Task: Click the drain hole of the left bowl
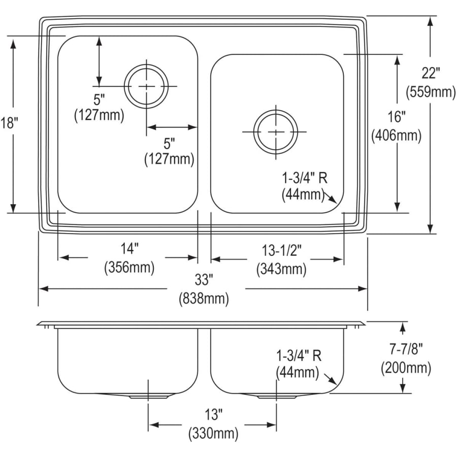tap(147, 86)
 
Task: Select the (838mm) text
tap(204, 299)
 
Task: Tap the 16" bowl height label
tap(396, 117)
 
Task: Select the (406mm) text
tap(396, 136)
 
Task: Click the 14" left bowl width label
tap(129, 248)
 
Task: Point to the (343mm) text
tap(281, 269)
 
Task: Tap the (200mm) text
tap(406, 368)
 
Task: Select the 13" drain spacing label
tap(213, 415)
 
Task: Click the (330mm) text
tap(213, 434)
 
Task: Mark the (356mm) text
tap(129, 267)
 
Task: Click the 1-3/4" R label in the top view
tap(305, 177)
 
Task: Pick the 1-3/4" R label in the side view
tap(299, 354)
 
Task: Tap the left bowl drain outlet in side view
tap(147, 395)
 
